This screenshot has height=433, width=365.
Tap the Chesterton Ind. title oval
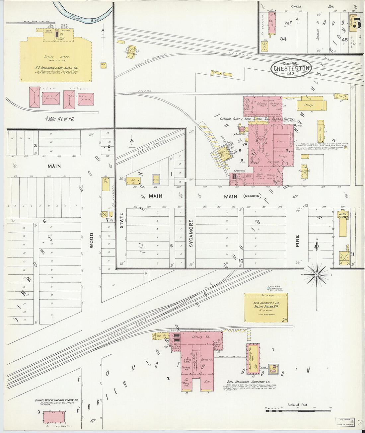click(291, 68)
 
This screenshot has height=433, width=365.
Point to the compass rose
click(317, 274)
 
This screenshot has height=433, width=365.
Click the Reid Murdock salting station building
click(265, 307)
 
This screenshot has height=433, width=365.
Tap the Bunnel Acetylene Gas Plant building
click(54, 417)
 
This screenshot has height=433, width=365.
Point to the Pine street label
click(297, 241)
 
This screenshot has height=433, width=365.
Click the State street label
click(121, 220)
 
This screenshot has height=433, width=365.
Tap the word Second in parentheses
click(252, 196)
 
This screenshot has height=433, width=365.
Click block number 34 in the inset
click(283, 39)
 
